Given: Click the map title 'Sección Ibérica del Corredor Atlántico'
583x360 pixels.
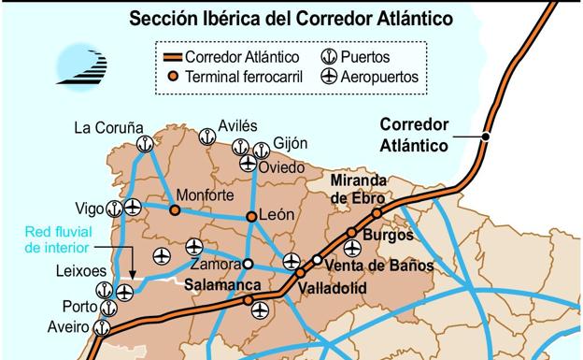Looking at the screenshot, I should coord(291,18).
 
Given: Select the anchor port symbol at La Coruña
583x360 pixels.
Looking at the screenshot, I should coord(144,144).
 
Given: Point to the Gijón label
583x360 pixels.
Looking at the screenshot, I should coord(290,144).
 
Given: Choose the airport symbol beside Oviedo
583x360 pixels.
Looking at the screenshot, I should coord(249,164).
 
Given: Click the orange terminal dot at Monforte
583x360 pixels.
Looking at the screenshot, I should coord(175,209).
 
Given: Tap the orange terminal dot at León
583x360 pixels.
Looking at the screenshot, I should coord(251,217).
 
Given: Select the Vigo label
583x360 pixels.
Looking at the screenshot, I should coord(89,208).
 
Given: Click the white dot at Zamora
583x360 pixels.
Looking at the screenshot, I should coord(249,263).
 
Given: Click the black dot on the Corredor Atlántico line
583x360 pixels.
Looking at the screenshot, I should coord(486,137).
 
